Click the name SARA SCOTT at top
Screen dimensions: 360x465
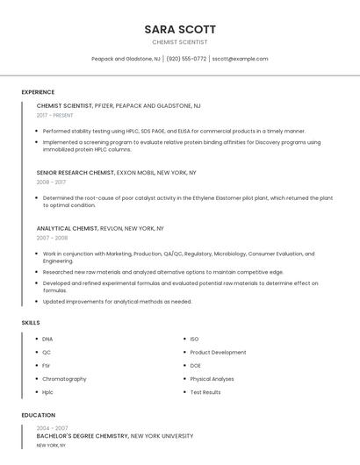(x=180, y=29)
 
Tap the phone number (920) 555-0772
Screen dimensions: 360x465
(x=186, y=59)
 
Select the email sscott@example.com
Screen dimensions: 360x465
(x=240, y=59)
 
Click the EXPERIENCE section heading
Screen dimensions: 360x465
(x=38, y=92)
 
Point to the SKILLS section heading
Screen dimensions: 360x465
(x=31, y=323)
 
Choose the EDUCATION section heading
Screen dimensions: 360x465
(x=38, y=415)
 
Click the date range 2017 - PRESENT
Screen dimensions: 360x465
(x=55, y=115)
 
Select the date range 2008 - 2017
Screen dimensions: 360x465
(x=51, y=182)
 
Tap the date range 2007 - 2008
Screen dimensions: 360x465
(x=52, y=238)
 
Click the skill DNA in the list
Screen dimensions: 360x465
(x=47, y=339)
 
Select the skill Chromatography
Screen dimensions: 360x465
(x=64, y=379)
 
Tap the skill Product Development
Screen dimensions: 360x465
(x=218, y=352)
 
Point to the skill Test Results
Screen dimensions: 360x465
(x=205, y=392)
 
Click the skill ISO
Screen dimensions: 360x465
(x=194, y=339)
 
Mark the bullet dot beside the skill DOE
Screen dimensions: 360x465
(x=184, y=366)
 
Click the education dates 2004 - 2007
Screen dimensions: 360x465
(x=52, y=428)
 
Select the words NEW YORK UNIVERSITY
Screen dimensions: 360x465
(x=162, y=436)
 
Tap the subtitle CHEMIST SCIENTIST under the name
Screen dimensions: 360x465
(x=180, y=42)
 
